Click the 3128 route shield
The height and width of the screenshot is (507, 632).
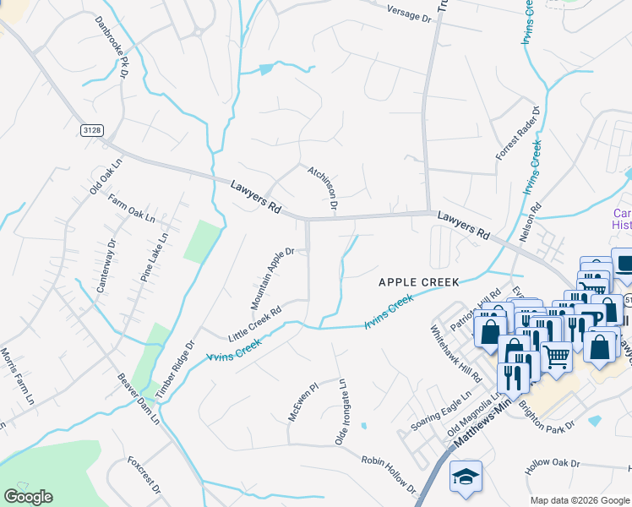coord(92,129)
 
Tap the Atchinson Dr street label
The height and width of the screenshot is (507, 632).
coord(323,188)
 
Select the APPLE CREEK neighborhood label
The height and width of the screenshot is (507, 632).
coord(417,281)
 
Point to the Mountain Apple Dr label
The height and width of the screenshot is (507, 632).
coord(271,278)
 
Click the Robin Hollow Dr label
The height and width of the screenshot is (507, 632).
coord(389,476)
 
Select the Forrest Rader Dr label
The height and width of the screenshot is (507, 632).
coord(517,133)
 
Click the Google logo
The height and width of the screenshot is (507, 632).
coord(28,497)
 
